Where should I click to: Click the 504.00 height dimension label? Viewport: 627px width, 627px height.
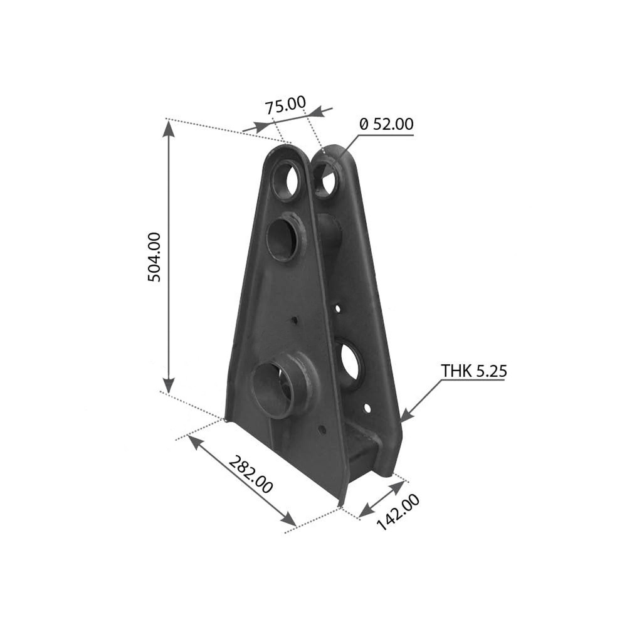[x=154, y=257]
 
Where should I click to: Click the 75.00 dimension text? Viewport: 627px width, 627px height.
[x=285, y=105]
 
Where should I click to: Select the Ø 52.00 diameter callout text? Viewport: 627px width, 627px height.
[x=387, y=124]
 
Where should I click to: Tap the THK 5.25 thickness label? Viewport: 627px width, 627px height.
[x=474, y=371]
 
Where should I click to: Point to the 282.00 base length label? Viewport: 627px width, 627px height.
[x=251, y=475]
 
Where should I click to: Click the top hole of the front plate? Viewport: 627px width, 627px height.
[x=287, y=179]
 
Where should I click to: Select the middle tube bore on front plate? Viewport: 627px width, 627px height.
[x=282, y=239]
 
